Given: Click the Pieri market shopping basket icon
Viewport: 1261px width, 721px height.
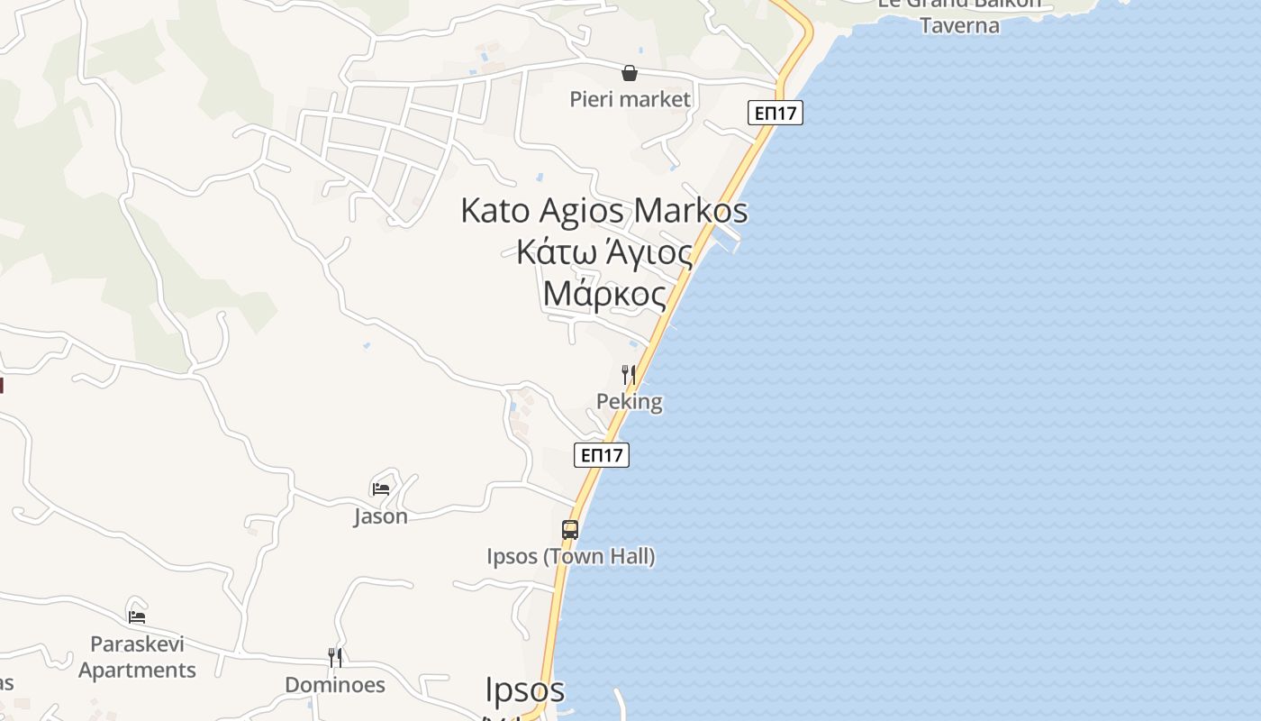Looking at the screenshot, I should (630, 73).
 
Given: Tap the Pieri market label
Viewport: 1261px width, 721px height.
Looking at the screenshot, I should (630, 99).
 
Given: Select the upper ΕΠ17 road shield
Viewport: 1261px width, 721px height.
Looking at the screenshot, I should (775, 113).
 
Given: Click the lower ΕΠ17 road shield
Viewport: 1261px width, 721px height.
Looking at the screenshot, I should (602, 455).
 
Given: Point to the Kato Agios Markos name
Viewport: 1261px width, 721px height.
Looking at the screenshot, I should (603, 211).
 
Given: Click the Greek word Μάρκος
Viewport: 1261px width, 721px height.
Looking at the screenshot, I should (604, 294).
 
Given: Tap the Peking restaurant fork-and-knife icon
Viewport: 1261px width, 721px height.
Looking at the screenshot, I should (629, 375).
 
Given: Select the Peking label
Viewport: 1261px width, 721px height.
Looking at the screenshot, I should (630, 402).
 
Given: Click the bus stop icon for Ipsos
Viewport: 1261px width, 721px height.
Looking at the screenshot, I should (570, 530).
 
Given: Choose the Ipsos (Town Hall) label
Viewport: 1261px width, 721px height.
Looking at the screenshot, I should (571, 557).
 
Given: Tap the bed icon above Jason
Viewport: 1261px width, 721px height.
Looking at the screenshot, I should (381, 489).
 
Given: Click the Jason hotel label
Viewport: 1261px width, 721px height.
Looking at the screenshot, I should (381, 516).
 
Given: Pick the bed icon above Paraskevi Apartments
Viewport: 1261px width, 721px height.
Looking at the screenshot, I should (137, 617).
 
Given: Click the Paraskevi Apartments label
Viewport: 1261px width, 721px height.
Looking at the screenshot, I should (137, 657).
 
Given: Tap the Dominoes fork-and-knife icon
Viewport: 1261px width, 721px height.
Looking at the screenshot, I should (335, 658).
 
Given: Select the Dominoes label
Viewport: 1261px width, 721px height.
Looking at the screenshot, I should (335, 685).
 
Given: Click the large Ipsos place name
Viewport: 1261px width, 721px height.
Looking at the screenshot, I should (525, 689).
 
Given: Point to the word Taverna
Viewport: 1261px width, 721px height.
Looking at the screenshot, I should (959, 25).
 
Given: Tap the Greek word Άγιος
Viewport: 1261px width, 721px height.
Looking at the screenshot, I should (649, 252).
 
